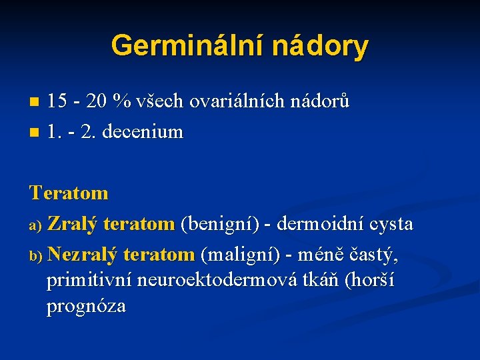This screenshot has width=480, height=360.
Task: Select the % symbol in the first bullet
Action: click(x=121, y=102)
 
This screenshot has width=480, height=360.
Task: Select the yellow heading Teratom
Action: click(x=69, y=193)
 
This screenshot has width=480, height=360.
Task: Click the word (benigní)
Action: click(x=219, y=224)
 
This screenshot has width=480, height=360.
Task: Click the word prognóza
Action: click(x=86, y=307)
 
